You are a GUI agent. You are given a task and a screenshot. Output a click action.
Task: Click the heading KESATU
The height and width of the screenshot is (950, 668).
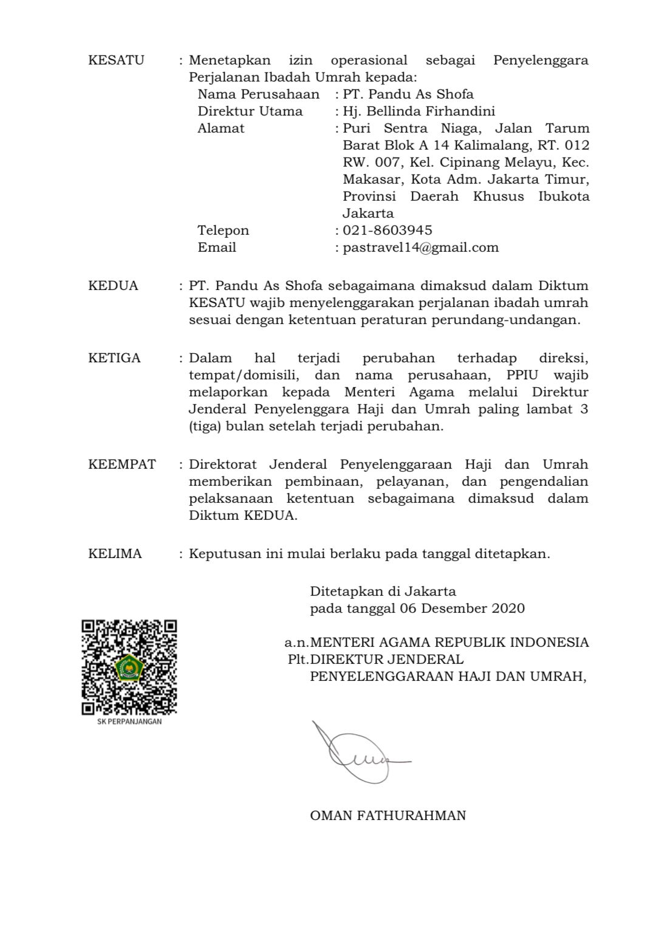(116, 60)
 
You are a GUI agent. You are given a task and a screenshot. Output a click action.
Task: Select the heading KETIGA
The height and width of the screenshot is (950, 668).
(114, 357)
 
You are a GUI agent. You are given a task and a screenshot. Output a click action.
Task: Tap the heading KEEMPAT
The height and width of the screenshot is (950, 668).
(122, 464)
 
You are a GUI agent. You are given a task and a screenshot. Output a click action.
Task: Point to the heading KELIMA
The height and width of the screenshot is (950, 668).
(115, 554)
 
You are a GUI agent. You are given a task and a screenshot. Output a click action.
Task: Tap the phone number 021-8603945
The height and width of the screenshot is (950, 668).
(387, 230)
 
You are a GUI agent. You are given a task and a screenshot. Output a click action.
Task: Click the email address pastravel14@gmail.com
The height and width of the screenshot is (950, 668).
(420, 247)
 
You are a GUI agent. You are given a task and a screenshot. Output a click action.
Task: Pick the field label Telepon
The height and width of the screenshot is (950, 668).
(223, 230)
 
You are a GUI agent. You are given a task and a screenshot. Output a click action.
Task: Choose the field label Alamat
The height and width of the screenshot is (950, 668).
(221, 128)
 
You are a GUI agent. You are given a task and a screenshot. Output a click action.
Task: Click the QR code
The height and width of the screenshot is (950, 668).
(129, 667)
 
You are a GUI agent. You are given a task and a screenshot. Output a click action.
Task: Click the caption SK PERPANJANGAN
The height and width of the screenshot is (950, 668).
(129, 722)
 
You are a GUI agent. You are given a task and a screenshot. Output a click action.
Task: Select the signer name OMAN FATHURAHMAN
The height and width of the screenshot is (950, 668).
(387, 816)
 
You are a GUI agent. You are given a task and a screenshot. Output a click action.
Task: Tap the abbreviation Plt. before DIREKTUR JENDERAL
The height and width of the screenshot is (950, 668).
(299, 659)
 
